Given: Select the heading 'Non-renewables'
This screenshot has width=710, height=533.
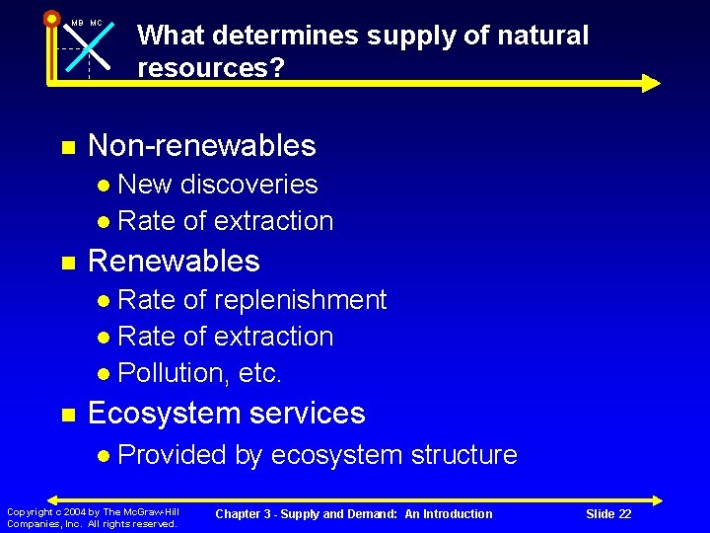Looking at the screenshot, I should pyautogui.click(x=201, y=146).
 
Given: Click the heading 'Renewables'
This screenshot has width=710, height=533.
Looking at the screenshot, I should pyautogui.click(x=174, y=262).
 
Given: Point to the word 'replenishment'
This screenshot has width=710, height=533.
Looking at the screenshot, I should pyautogui.click(x=301, y=300).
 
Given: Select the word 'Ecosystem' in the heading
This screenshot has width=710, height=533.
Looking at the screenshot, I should pyautogui.click(x=157, y=414).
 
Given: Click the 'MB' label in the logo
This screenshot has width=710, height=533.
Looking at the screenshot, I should pyautogui.click(x=76, y=23).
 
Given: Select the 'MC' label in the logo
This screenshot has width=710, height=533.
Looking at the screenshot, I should pyautogui.click(x=96, y=23).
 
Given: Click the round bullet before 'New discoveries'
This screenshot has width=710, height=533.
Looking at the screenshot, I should pyautogui.click(x=105, y=186).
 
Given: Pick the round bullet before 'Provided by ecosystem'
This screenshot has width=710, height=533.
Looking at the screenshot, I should pyautogui.click(x=105, y=456).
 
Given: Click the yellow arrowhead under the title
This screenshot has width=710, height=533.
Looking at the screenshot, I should pyautogui.click(x=649, y=83).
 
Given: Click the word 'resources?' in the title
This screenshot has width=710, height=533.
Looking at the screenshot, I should pyautogui.click(x=201, y=68).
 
